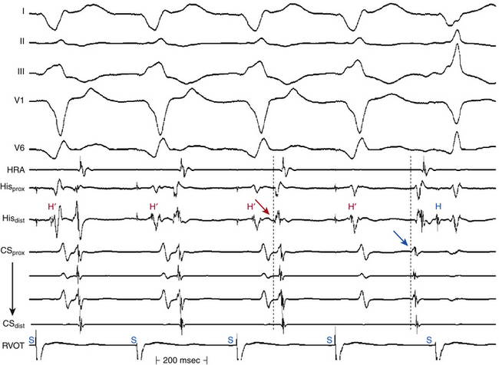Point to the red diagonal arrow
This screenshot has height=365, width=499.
point(263,208)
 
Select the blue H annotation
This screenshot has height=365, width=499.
point(438,206)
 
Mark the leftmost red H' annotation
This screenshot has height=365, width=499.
point(52,206)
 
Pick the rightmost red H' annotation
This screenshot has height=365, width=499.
point(352,206)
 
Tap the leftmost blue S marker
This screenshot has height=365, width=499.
point(31,338)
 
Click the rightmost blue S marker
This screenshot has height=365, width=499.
point(430,338)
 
